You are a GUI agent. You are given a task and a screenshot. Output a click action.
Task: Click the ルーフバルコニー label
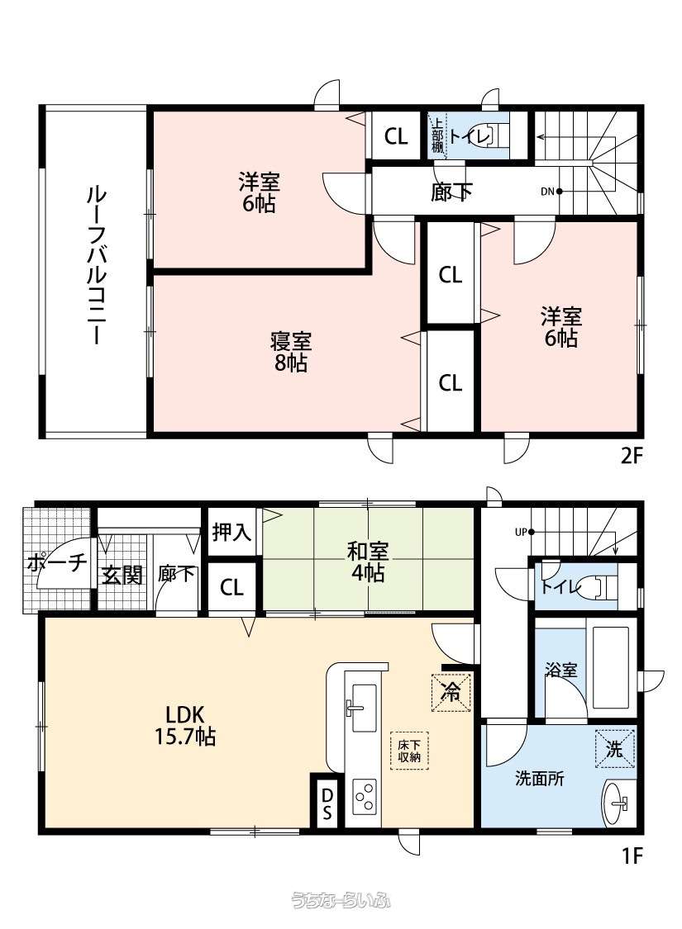coord(93,265)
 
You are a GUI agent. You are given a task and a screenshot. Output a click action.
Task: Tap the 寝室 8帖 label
coord(290,352)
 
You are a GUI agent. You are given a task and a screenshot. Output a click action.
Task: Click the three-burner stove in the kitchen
coord(365,797)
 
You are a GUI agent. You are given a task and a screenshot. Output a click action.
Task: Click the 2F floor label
coord(631,457)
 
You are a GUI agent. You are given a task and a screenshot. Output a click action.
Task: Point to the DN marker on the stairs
coord(547,192)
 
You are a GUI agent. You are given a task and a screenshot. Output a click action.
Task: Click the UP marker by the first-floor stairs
coord(521,532)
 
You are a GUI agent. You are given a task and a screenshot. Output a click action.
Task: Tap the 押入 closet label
coord(231,532)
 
